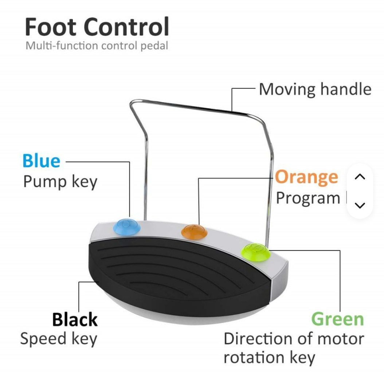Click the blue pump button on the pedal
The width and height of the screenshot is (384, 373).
[127, 227]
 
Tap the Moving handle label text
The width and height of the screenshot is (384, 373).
[315, 89]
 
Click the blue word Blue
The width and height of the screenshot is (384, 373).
[42, 161]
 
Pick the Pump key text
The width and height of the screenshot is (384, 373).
[60, 182]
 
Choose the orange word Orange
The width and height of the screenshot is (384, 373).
[306, 177]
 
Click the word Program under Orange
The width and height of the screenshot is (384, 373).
[308, 198]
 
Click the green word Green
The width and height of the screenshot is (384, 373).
[338, 319]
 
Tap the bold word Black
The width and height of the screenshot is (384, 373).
[75, 319]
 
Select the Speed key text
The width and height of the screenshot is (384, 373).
[59, 339]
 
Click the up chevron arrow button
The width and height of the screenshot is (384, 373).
[360, 176]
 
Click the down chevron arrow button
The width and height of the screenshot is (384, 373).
[360, 205]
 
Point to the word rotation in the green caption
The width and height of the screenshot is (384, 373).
[254, 358]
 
